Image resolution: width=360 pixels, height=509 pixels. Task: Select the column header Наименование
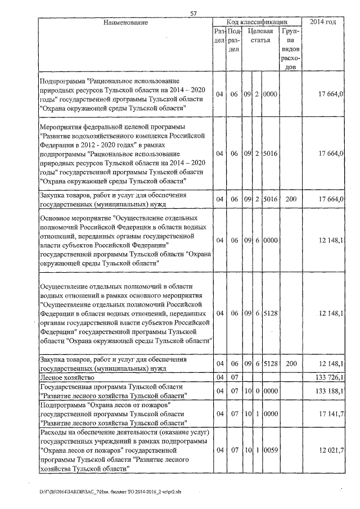point(125,22)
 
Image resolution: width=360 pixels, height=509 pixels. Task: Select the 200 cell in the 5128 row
point(291,363)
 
